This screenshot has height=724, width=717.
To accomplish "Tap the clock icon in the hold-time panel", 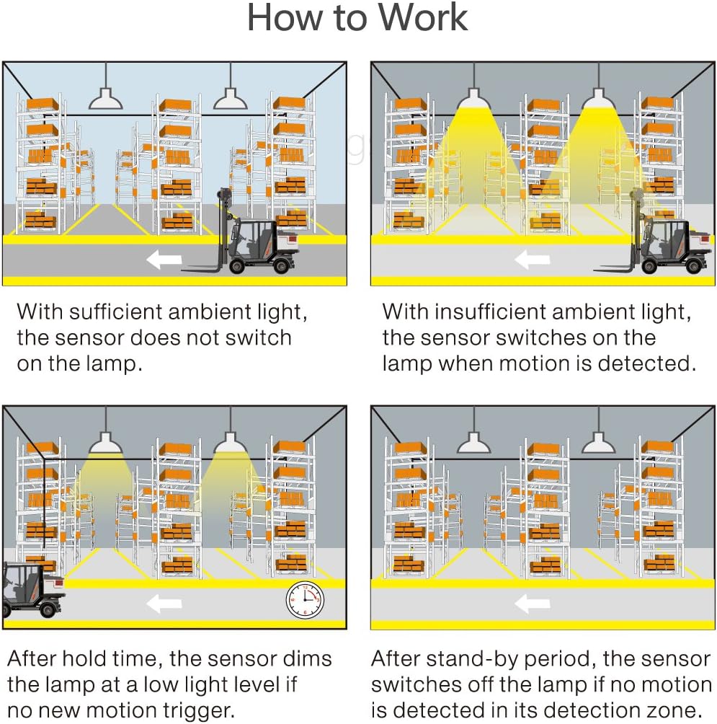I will point(304,600).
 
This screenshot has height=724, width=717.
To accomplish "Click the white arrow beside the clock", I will point(164,602).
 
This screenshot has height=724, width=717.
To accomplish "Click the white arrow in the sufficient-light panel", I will point(164,260).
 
